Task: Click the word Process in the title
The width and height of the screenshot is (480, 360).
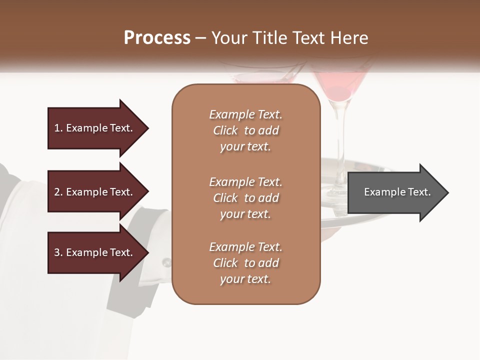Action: (157, 38)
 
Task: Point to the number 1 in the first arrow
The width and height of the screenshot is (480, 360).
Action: (57, 128)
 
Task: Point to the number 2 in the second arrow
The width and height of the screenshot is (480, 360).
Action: (57, 192)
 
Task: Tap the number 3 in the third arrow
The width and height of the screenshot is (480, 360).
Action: (57, 252)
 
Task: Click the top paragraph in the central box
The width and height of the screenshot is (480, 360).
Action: (245, 130)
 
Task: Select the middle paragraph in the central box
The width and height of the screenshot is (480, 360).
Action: (245, 197)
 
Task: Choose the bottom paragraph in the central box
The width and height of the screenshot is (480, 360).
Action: (245, 263)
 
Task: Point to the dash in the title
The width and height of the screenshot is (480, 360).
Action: (201, 38)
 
